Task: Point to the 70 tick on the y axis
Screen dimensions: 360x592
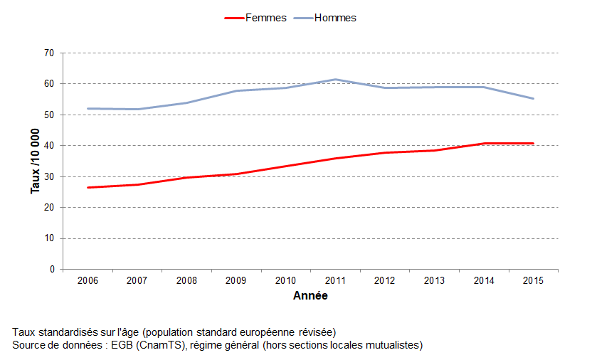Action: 49,53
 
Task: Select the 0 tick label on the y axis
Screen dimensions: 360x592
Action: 52,270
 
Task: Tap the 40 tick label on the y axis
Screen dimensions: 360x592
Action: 49,146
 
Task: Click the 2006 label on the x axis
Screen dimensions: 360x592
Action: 88,281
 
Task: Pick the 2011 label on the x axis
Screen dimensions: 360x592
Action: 335,281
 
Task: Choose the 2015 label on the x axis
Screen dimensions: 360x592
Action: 533,281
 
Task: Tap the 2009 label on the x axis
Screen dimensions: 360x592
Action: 236,281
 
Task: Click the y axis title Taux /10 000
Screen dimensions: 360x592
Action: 35,161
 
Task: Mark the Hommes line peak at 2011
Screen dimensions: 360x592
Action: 335,80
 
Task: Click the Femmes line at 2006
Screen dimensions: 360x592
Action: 88,187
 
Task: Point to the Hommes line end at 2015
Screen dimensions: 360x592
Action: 533,98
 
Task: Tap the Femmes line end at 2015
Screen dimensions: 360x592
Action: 533,143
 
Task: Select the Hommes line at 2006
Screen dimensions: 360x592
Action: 88,108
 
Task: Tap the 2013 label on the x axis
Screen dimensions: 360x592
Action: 434,281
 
